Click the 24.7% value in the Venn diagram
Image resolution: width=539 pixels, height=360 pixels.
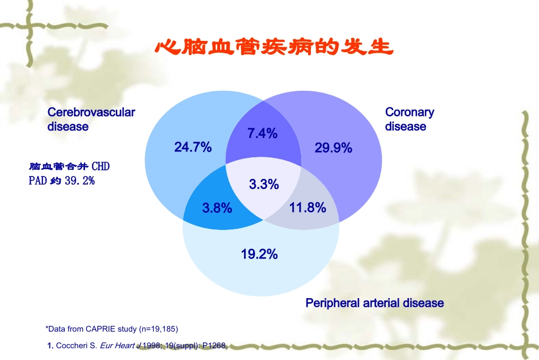pos(193,148)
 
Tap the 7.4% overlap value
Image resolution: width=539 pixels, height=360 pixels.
pos(262,133)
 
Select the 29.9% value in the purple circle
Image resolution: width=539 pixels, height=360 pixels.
pos(334,148)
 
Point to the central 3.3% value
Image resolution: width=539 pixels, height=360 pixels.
pos(264,184)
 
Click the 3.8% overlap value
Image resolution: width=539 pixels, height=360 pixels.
pos(217,208)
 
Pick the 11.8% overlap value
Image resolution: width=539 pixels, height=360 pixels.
pos(308,208)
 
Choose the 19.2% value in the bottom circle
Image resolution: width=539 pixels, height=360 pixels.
pos(259,254)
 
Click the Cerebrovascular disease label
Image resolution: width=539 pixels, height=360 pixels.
pos(91,119)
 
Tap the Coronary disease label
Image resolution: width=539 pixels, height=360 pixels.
pos(409,119)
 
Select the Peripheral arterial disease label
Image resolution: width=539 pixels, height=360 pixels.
pos(374,303)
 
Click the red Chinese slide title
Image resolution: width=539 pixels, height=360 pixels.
pos(274,48)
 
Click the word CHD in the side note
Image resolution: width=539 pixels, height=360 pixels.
pos(100,167)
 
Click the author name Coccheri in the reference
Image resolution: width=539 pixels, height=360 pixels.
pos(72,345)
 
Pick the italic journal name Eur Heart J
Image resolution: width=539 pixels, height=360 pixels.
pos(117,345)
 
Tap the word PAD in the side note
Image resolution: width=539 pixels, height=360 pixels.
pos(37,181)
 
